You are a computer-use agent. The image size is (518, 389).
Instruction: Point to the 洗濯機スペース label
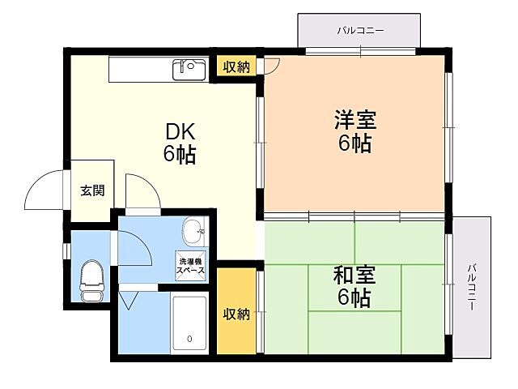tap(191, 265)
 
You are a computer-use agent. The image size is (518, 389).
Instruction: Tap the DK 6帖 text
tap(180, 143)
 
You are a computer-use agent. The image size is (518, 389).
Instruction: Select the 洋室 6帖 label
tap(355, 131)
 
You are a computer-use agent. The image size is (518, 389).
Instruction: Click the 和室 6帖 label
tap(354, 286)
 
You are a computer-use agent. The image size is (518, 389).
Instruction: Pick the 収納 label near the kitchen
tap(236, 67)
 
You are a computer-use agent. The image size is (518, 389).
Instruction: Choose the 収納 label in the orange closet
tap(236, 314)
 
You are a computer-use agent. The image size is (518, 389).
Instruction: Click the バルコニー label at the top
tap(360, 31)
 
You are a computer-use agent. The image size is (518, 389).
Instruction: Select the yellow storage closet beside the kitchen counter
tap(236, 67)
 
